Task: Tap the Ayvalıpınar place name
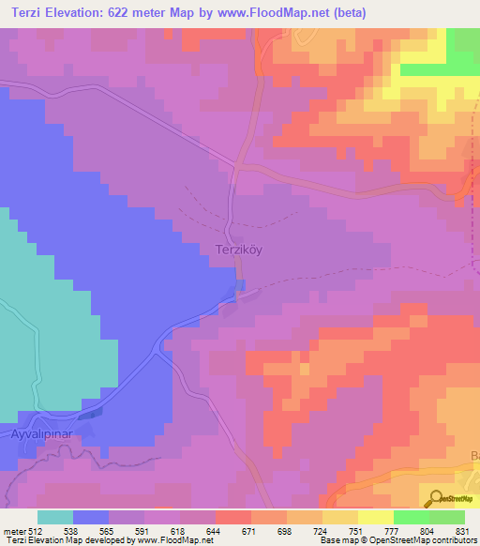[40, 437]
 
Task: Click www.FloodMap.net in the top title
[280, 13]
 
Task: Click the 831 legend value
[464, 530]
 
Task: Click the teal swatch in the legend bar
[55, 517]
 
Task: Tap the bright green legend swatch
[412, 517]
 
